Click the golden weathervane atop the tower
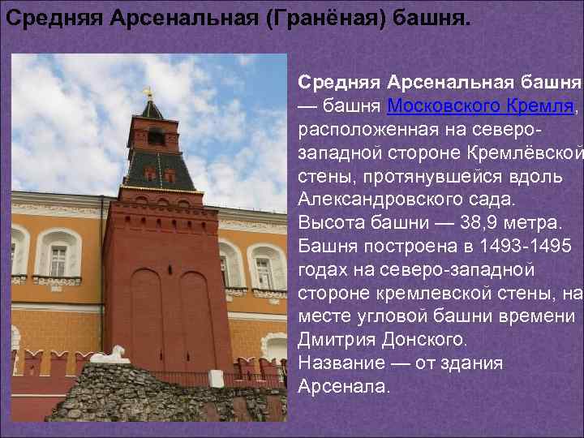coord(148,92)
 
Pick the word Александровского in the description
coord(364,198)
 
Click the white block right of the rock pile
coord(216,378)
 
